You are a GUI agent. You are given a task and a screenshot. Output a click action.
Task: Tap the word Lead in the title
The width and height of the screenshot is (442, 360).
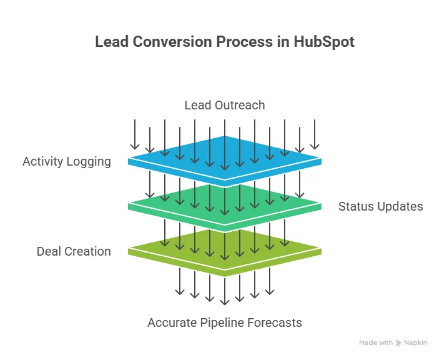click(x=110, y=42)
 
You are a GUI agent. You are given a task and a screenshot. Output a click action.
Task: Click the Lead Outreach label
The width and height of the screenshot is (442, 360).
click(x=225, y=105)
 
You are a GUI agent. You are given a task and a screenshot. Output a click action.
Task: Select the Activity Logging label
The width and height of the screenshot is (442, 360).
click(x=67, y=161)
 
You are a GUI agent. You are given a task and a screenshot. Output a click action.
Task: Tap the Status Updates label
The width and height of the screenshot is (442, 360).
click(x=381, y=206)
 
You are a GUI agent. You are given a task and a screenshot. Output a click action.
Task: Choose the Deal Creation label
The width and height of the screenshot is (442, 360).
click(x=74, y=251)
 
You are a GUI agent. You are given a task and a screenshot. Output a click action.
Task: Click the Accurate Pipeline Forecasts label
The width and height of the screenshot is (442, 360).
click(x=225, y=322)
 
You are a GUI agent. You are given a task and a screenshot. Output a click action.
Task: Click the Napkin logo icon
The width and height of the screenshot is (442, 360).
click(x=399, y=343)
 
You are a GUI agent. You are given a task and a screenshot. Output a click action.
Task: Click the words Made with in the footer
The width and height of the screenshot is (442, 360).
click(x=376, y=343)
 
